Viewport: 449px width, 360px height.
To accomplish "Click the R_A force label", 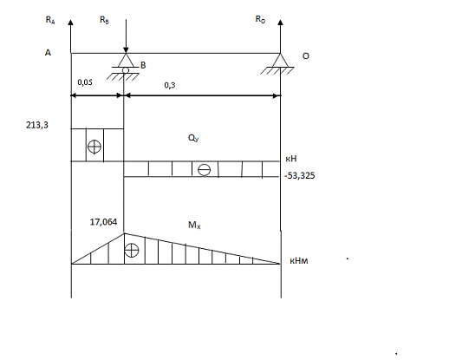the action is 50,20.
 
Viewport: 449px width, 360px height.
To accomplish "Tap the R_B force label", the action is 104,20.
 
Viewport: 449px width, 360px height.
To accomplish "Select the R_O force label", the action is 260,19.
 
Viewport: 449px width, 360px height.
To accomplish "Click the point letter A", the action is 48,53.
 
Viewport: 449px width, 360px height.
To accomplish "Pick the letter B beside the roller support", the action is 143,65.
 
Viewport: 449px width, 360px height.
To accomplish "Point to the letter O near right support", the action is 306,56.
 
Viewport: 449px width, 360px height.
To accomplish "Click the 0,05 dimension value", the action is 85,82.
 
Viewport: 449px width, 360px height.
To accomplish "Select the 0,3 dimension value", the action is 170,85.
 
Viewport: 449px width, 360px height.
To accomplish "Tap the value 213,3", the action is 37,125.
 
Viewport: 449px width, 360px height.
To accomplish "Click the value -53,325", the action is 300,175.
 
